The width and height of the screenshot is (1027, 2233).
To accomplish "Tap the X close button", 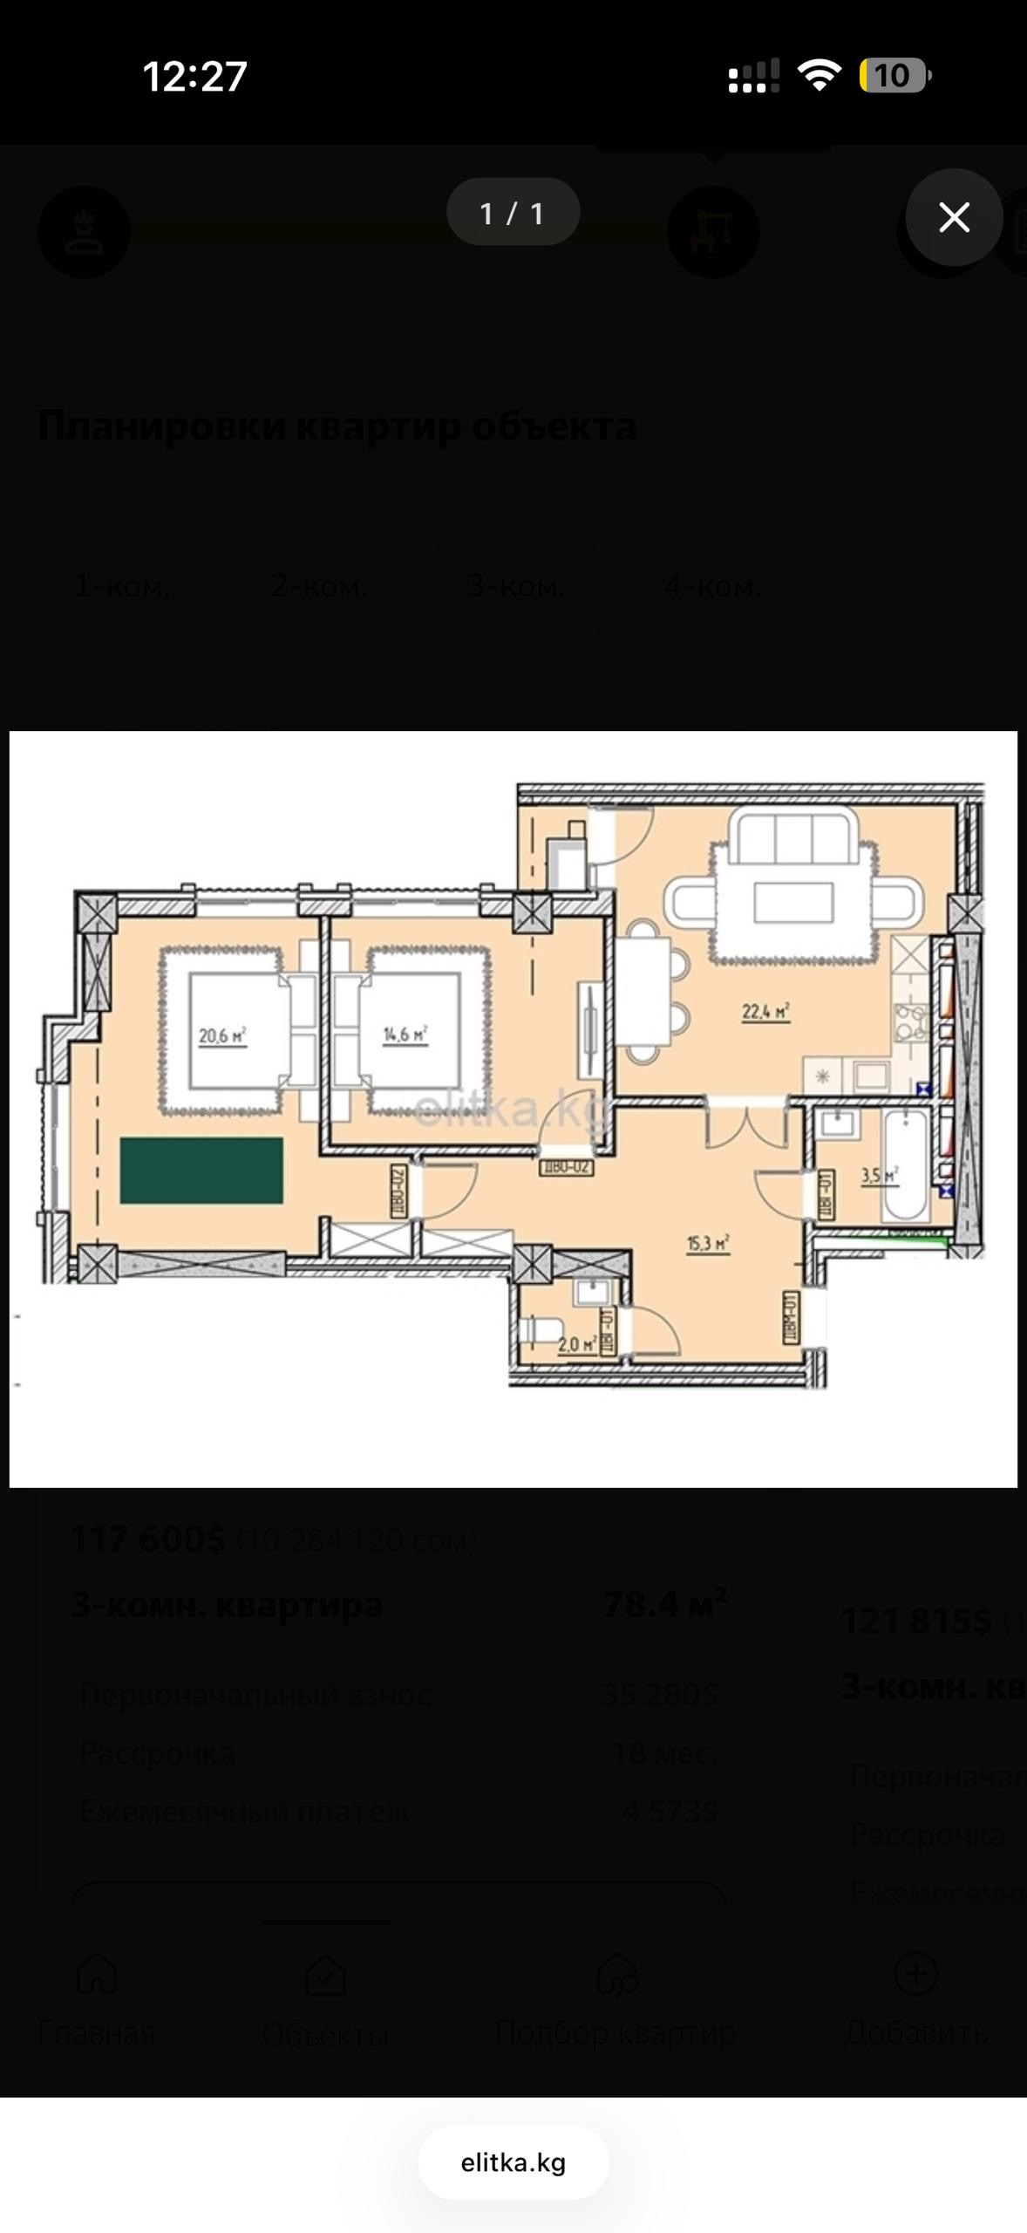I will click(x=954, y=217).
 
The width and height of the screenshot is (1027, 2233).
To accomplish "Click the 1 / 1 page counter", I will click(x=513, y=213).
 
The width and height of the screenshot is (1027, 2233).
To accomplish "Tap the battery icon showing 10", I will click(x=894, y=76).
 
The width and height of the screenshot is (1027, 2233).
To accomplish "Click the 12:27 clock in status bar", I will click(x=194, y=77).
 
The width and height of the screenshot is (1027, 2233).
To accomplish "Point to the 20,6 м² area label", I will click(x=222, y=1036).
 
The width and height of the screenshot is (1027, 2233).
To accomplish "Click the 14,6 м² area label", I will click(x=405, y=1035).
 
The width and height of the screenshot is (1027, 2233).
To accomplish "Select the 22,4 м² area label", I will click(x=765, y=1012).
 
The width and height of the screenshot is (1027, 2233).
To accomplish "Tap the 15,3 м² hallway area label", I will click(x=708, y=1243).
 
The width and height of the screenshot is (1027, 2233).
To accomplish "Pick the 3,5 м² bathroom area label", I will click(x=879, y=1175).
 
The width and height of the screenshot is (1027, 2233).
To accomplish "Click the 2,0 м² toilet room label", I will click(x=577, y=1344).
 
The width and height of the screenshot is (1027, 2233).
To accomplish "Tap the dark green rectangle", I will click(x=201, y=1171).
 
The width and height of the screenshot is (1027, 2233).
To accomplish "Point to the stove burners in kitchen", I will click(x=911, y=1022).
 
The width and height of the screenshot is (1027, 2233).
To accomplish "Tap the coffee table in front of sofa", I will click(x=793, y=902).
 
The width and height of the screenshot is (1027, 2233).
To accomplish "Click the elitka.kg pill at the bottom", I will click(x=513, y=2163).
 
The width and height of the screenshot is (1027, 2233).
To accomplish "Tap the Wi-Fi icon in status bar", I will click(x=819, y=76).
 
